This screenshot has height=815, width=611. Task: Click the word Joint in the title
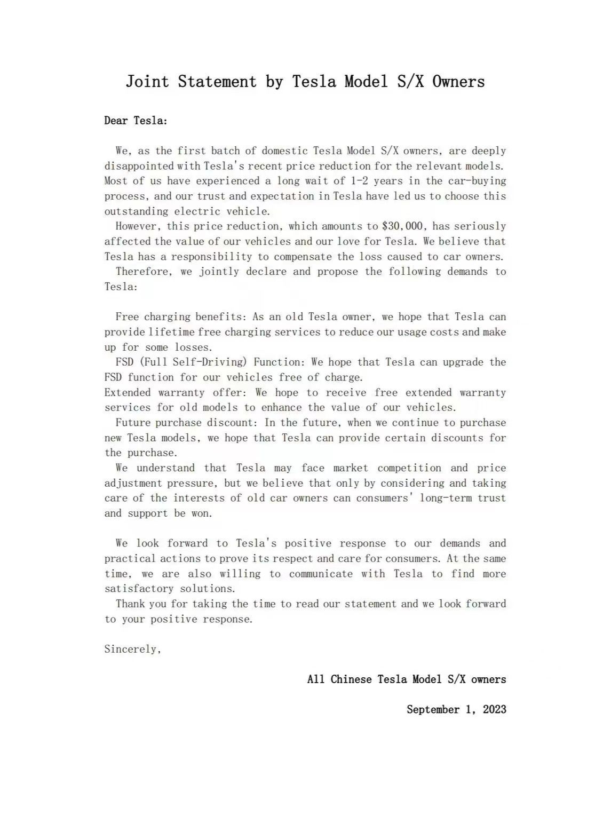click(x=147, y=82)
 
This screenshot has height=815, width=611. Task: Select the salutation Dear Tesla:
click(x=136, y=121)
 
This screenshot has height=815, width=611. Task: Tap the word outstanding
click(x=137, y=211)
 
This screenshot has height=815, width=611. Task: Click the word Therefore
click(x=144, y=272)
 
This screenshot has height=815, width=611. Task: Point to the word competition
click(x=409, y=468)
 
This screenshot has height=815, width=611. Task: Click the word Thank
click(x=130, y=604)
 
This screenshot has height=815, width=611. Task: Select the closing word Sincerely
click(x=132, y=650)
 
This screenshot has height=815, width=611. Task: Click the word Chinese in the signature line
click(x=351, y=679)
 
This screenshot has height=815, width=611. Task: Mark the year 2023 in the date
click(x=494, y=710)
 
